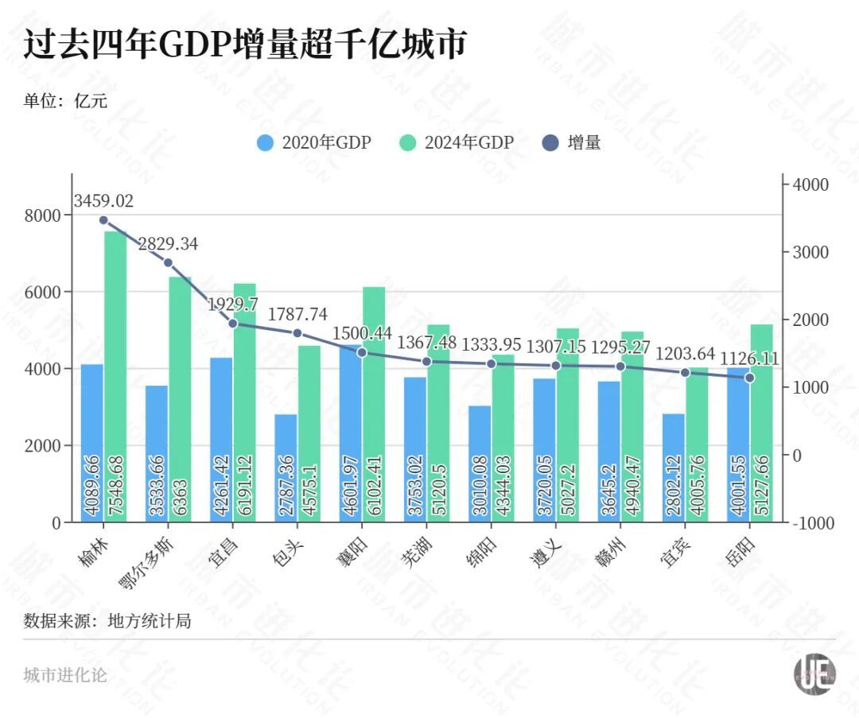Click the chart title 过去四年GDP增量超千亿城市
(243, 45)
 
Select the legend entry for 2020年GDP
(313, 143)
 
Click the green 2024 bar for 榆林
(115, 374)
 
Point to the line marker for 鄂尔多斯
(168, 262)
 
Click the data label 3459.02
(103, 200)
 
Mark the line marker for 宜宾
(685, 372)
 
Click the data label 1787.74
(298, 314)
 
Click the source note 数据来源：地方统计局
(107, 620)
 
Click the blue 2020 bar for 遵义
(544, 450)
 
